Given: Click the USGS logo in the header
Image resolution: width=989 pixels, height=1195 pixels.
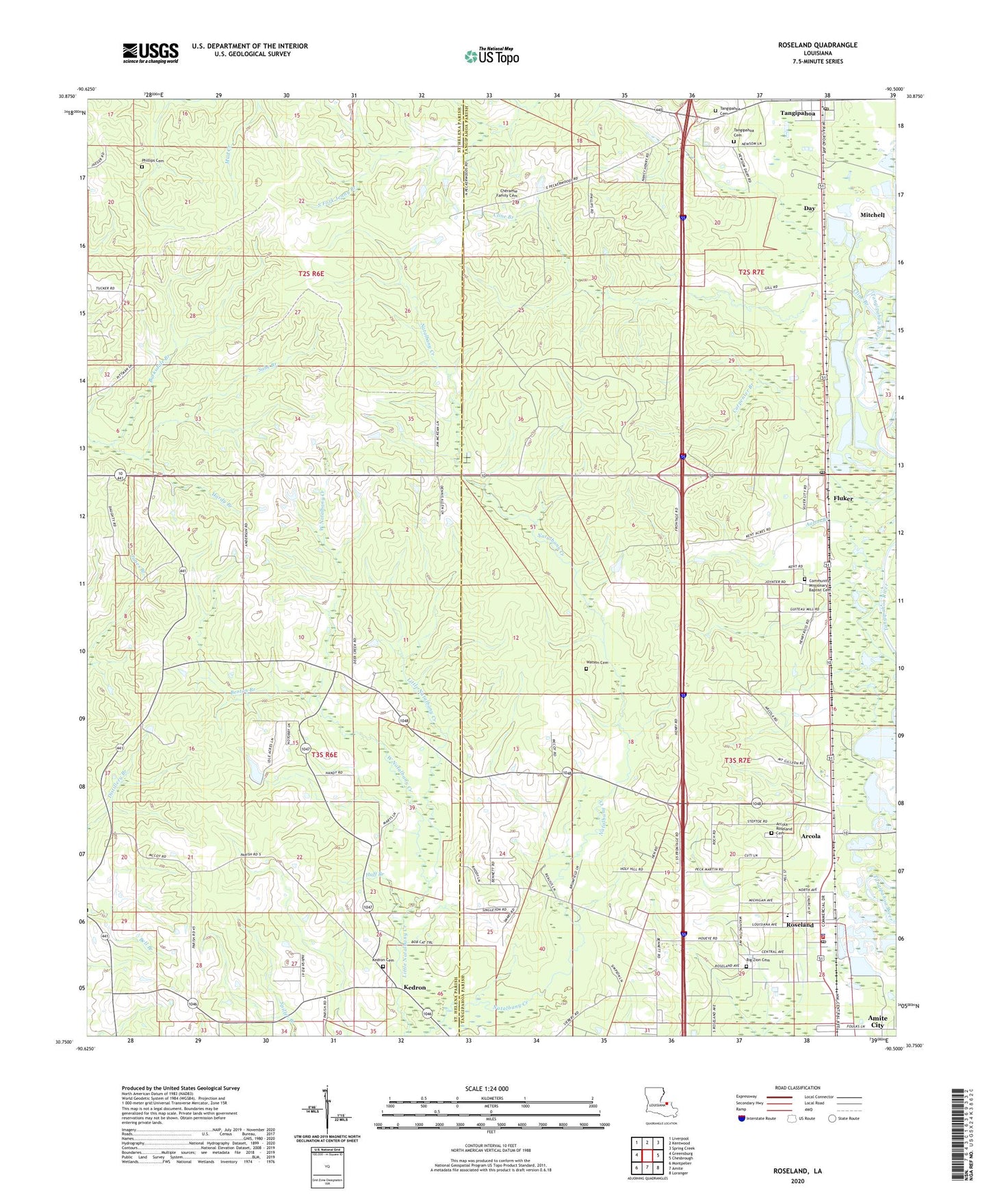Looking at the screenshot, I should coord(151,53).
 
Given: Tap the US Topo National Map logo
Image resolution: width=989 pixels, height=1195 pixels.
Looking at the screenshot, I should coord(491,56).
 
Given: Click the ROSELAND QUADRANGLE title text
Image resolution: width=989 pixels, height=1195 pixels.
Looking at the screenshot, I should coord(817,45).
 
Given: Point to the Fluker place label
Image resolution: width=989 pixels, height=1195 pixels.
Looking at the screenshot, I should coord(843,498).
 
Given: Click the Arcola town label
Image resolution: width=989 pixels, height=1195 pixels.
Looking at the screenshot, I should coord(810,836).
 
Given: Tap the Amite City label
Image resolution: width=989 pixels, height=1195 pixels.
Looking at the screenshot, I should coord(877,1021).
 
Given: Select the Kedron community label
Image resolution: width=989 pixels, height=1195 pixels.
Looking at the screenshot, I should coord(415,988).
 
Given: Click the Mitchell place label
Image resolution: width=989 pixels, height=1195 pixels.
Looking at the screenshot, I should coord(872,215).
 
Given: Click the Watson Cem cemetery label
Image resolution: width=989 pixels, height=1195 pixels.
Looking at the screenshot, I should coord(597,663).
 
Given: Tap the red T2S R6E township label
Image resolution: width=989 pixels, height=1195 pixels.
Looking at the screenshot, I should coord(311,273).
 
